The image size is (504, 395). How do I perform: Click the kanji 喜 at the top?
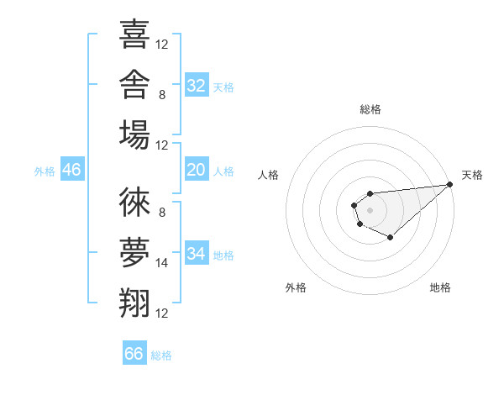click(x=134, y=34)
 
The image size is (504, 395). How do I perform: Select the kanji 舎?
click(x=134, y=84)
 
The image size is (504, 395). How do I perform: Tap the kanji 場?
click(x=134, y=134)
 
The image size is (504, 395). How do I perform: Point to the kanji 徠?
click(x=134, y=202)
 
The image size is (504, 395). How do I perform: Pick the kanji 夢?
click(x=134, y=252)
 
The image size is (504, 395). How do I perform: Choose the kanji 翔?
click(x=134, y=303)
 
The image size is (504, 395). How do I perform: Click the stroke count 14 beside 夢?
click(x=161, y=263)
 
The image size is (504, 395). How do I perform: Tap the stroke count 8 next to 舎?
click(x=162, y=95)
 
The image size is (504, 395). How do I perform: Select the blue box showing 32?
click(x=197, y=85)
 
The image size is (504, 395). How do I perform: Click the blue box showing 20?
click(x=197, y=169)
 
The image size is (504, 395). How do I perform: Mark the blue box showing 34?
click(x=197, y=252)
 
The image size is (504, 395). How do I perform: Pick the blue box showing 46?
click(x=72, y=169)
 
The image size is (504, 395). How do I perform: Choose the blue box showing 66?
click(x=134, y=352)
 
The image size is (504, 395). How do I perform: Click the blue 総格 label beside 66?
click(x=161, y=355)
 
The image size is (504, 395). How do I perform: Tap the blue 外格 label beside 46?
click(x=45, y=171)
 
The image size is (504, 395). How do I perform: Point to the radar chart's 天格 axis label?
click(x=472, y=175)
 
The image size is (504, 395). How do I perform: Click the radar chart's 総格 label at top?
click(x=370, y=109)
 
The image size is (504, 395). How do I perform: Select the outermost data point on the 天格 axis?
click(x=449, y=184)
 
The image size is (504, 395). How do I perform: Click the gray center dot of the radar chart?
click(x=370, y=210)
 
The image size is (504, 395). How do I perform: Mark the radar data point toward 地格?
click(x=390, y=237)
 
